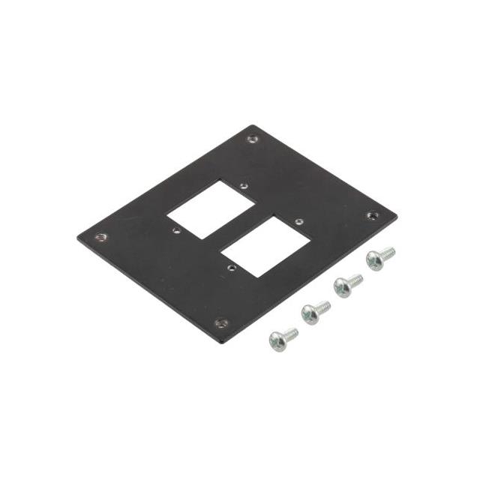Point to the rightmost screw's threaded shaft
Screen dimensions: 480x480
tap(388, 253)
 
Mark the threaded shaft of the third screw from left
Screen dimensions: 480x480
tap(355, 279)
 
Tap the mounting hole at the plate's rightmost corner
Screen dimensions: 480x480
tap(371, 216)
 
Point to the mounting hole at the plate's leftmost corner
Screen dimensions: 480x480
tap(102, 237)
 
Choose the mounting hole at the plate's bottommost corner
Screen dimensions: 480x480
tap(220, 323)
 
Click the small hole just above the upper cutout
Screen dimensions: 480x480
tap(242, 184)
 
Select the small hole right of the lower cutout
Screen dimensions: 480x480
tap(298, 222)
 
